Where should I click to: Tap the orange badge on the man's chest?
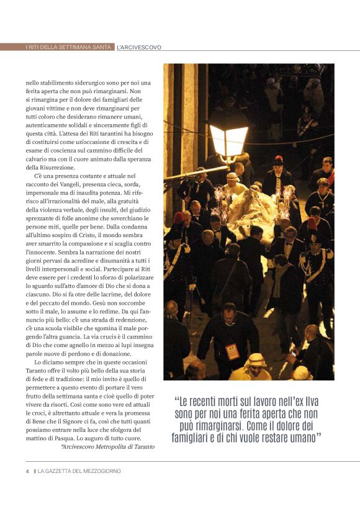pyautogui.click(x=233, y=351)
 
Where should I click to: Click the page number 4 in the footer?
pyautogui.click(x=27, y=471)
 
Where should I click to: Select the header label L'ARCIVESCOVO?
pyautogui.click(x=139, y=47)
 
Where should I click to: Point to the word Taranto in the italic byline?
pyautogui.click(x=143, y=446)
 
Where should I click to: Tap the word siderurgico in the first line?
pyautogui.click(x=86, y=83)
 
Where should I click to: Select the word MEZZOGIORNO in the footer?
pyautogui.click(x=100, y=471)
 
